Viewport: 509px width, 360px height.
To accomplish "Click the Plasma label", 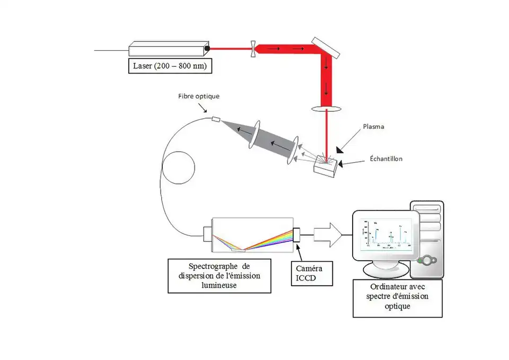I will click(374, 127).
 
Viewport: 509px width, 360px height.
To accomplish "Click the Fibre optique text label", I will click(199, 96).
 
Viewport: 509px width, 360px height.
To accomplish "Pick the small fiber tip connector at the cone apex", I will click(216, 119).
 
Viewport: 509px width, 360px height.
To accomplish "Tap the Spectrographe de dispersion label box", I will click(220, 276).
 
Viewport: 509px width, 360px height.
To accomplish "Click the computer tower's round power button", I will click(427, 261).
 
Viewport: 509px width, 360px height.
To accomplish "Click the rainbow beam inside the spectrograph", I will click(270, 238).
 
